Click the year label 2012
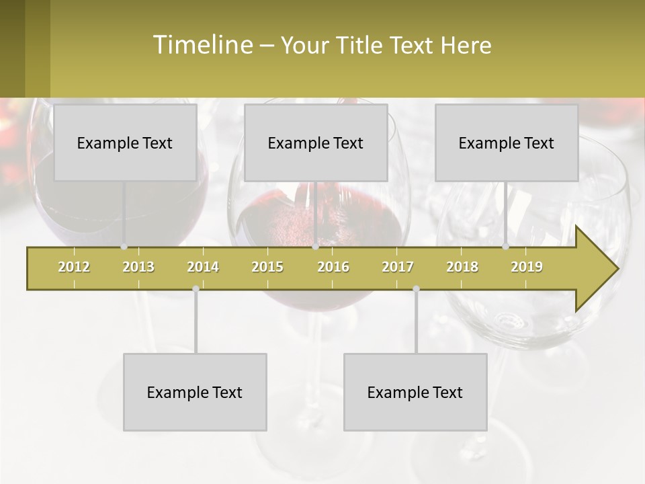click(x=74, y=267)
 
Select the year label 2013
click(x=138, y=267)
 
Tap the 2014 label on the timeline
click(x=203, y=267)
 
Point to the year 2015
click(x=267, y=267)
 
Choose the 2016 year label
click(x=333, y=267)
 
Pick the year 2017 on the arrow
click(x=398, y=267)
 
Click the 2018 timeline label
click(x=462, y=267)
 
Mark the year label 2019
click(x=527, y=267)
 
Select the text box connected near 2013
click(x=125, y=143)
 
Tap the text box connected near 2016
click(x=316, y=143)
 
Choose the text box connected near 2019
click(x=507, y=143)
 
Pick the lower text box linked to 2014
click(x=195, y=392)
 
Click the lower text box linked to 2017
click(x=415, y=392)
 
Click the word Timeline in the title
click(x=202, y=45)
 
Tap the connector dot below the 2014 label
click(x=196, y=288)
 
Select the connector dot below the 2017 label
click(x=416, y=288)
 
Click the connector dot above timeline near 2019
click(x=506, y=247)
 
